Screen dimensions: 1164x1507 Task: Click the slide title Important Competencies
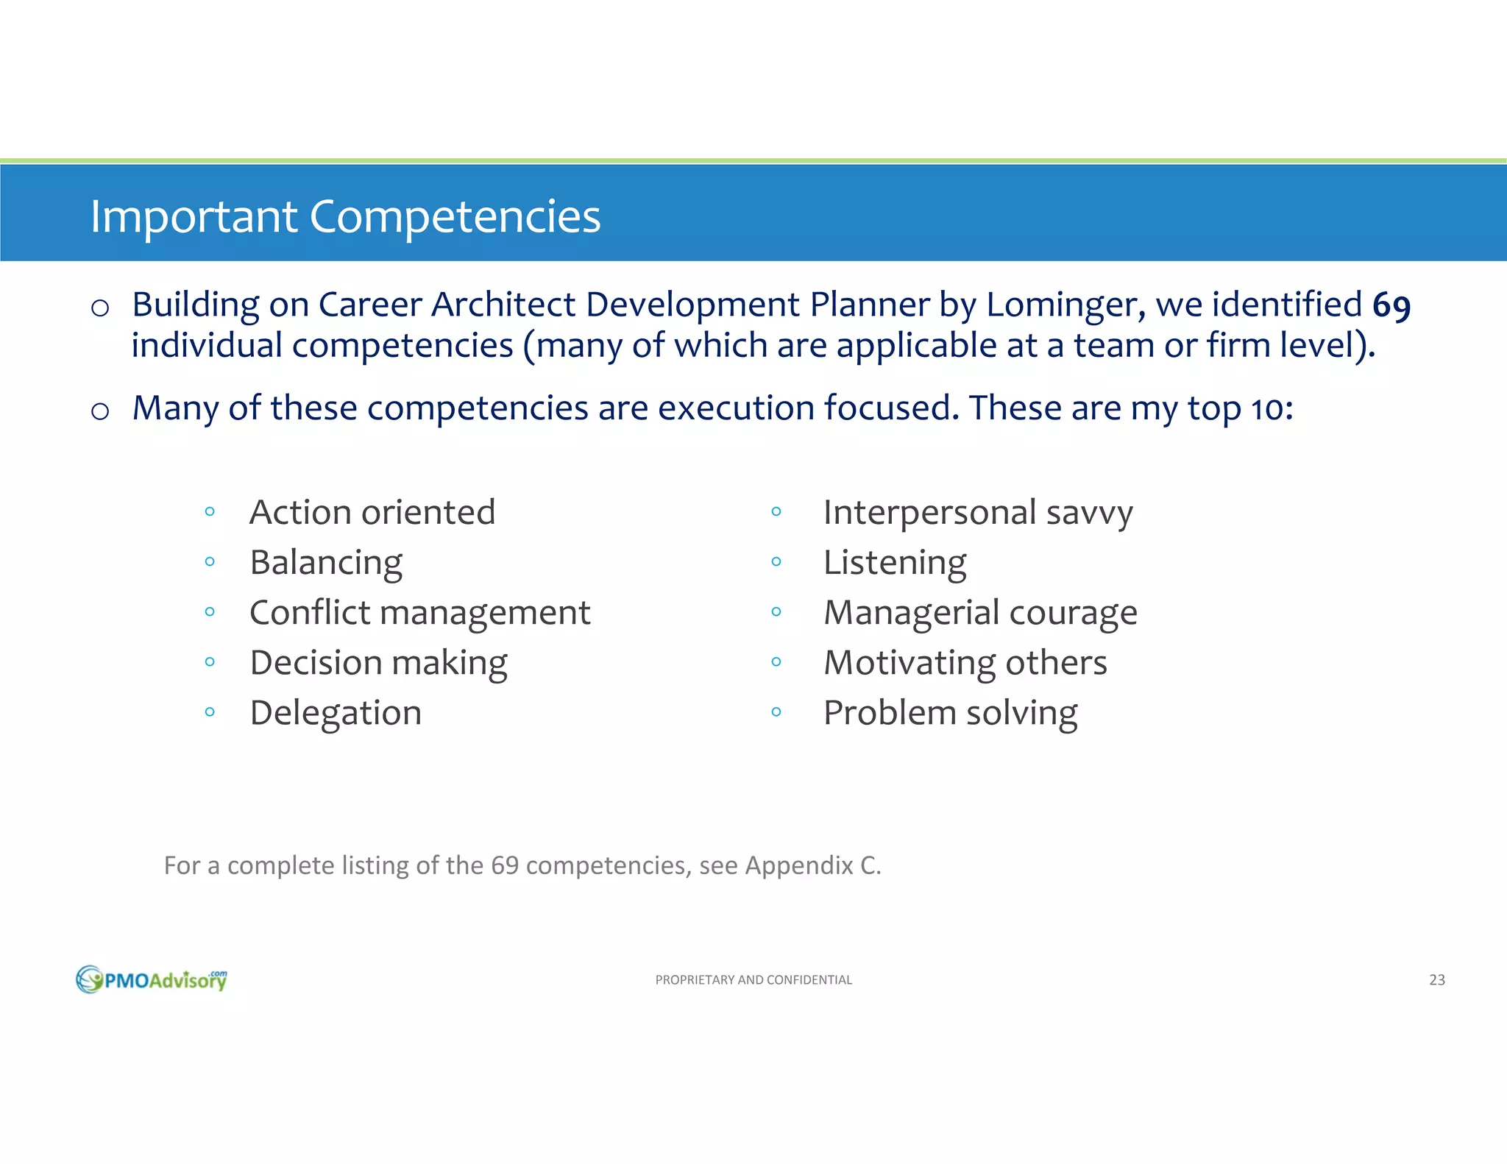tap(345, 216)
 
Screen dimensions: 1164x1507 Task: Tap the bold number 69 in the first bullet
tap(1391, 305)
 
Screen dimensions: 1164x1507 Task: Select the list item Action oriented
tap(372, 512)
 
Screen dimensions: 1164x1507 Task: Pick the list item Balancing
tap(326, 563)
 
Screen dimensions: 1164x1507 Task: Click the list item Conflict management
tap(419, 613)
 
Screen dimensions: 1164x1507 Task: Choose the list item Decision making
tap(378, 663)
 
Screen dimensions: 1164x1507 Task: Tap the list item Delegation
tap(336, 713)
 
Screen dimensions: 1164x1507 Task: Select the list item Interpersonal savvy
tap(978, 512)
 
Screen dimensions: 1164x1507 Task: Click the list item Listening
tap(895, 563)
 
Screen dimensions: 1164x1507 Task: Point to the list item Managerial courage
tap(980, 613)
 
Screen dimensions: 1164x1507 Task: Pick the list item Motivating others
tap(965, 663)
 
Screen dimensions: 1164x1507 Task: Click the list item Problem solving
tap(950, 713)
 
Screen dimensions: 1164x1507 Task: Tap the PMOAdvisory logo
tap(152, 979)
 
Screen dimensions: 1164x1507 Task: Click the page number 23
tap(1436, 980)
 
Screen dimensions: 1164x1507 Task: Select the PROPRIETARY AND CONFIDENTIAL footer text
tap(753, 980)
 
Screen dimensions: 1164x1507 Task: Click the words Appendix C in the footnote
tap(812, 866)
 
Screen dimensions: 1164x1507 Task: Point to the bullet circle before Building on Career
tap(100, 308)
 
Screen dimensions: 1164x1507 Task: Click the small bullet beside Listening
tap(776, 562)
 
